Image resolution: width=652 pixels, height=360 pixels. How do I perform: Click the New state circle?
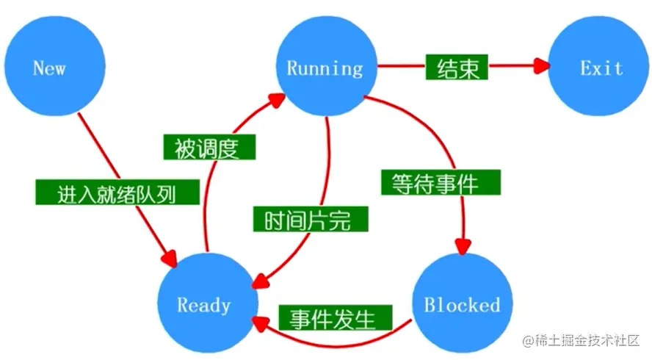point(50,68)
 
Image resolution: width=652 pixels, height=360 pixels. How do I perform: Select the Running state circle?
point(325,68)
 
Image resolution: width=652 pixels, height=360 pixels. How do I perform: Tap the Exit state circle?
point(601,68)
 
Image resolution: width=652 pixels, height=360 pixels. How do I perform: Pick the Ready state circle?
point(204,305)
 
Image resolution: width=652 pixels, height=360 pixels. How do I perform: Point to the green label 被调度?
point(209,148)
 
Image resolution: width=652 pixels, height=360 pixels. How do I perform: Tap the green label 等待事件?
point(441,182)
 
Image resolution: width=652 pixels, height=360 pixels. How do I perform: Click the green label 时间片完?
point(308,220)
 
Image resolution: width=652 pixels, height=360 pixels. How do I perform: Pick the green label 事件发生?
point(333,319)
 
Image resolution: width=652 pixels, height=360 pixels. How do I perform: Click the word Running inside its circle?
point(325,69)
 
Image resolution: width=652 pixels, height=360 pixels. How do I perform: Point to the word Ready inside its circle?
point(204,306)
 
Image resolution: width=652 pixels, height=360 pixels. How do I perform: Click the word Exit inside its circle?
point(601,68)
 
